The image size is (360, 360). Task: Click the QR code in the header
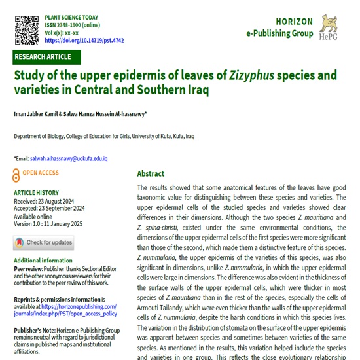tap(26, 26)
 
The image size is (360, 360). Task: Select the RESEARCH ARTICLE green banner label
tap(43, 57)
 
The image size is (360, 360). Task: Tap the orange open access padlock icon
tap(17, 174)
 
